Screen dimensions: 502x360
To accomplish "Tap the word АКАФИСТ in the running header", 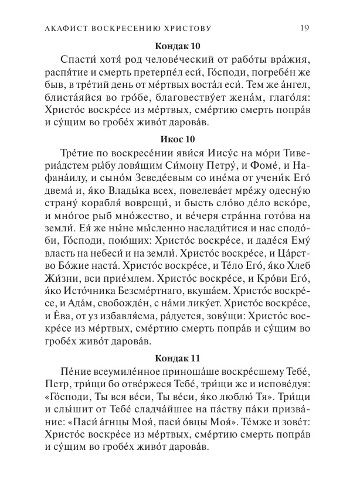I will coord(62,28).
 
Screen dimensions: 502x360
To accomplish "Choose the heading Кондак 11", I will coord(179,357).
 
